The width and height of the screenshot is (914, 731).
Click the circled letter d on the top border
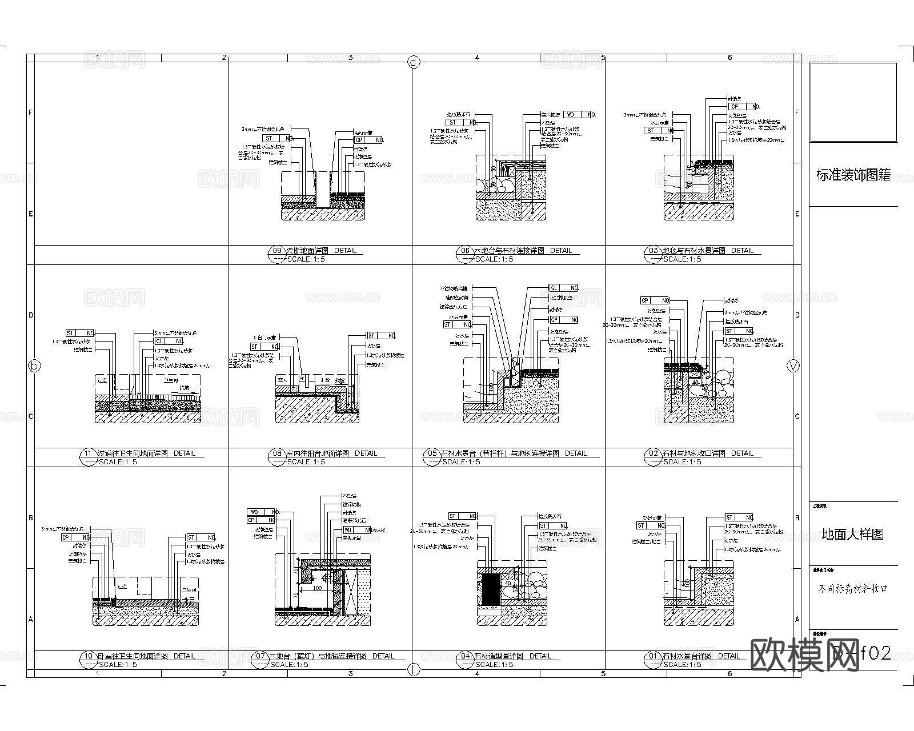click(x=414, y=62)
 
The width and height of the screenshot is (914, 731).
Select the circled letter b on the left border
click(x=35, y=366)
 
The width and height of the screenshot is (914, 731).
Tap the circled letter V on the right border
click(x=793, y=366)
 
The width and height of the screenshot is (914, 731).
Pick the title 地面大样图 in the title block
click(x=853, y=535)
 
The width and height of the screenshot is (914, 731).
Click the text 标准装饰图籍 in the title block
click(x=853, y=175)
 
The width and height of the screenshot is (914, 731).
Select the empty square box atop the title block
click(x=853, y=102)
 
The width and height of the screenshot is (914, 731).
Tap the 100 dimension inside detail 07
click(x=317, y=588)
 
